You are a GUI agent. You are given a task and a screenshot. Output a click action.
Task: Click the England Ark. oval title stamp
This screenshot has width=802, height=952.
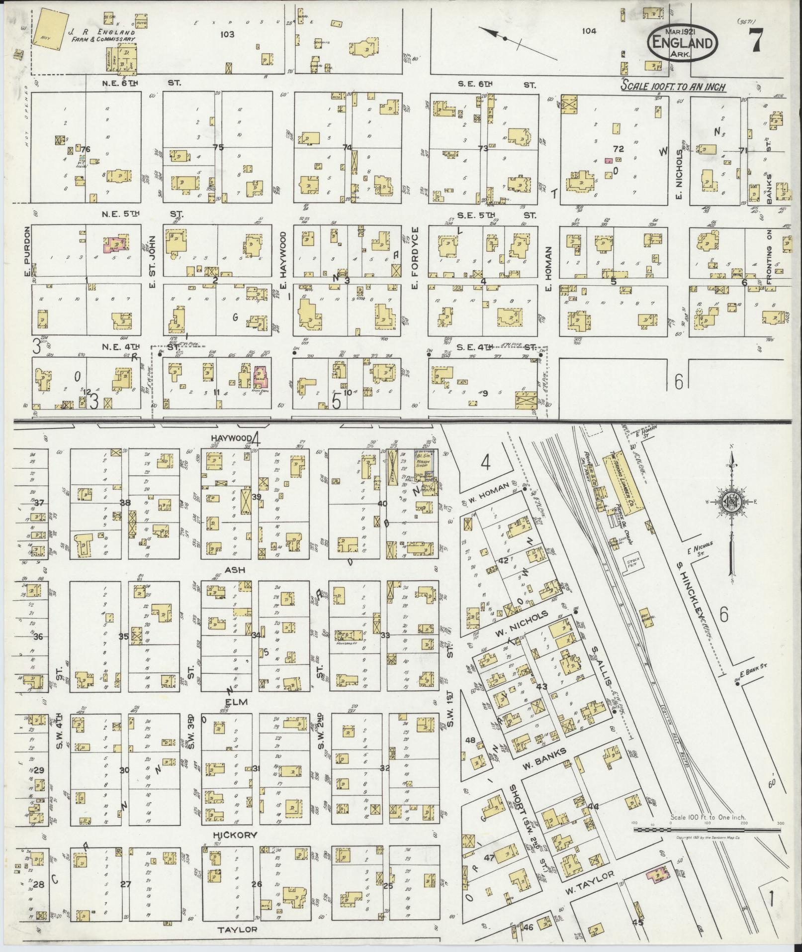coord(683,43)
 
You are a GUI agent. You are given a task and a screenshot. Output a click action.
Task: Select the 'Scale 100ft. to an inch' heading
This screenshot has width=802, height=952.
coord(673,87)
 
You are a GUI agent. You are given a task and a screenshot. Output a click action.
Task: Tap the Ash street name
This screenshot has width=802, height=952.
coord(234,569)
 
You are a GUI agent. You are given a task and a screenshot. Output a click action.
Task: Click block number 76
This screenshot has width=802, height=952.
coord(85,149)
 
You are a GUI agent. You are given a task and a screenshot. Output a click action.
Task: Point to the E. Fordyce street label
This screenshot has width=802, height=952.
coord(415,259)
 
